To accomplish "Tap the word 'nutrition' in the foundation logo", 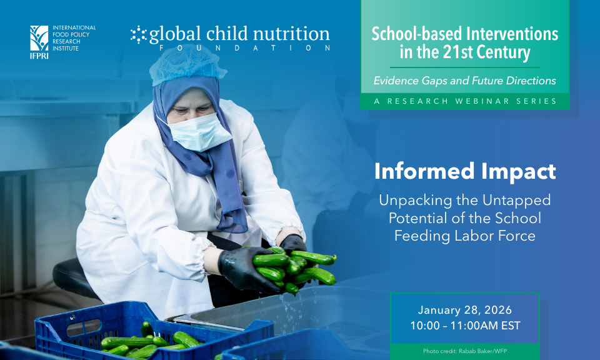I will (289, 34).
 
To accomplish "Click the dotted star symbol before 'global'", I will (138, 35).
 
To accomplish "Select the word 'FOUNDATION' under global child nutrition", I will (244, 48).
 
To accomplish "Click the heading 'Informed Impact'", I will (465, 171).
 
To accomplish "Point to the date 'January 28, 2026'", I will (464, 311).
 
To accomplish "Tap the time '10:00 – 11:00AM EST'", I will (464, 326).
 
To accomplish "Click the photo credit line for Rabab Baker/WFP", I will (464, 351).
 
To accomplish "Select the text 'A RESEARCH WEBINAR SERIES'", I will (464, 101).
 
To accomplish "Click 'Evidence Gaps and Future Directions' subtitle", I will (464, 81).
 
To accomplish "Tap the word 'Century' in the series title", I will (506, 52).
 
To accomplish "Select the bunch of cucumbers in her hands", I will (294, 267).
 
